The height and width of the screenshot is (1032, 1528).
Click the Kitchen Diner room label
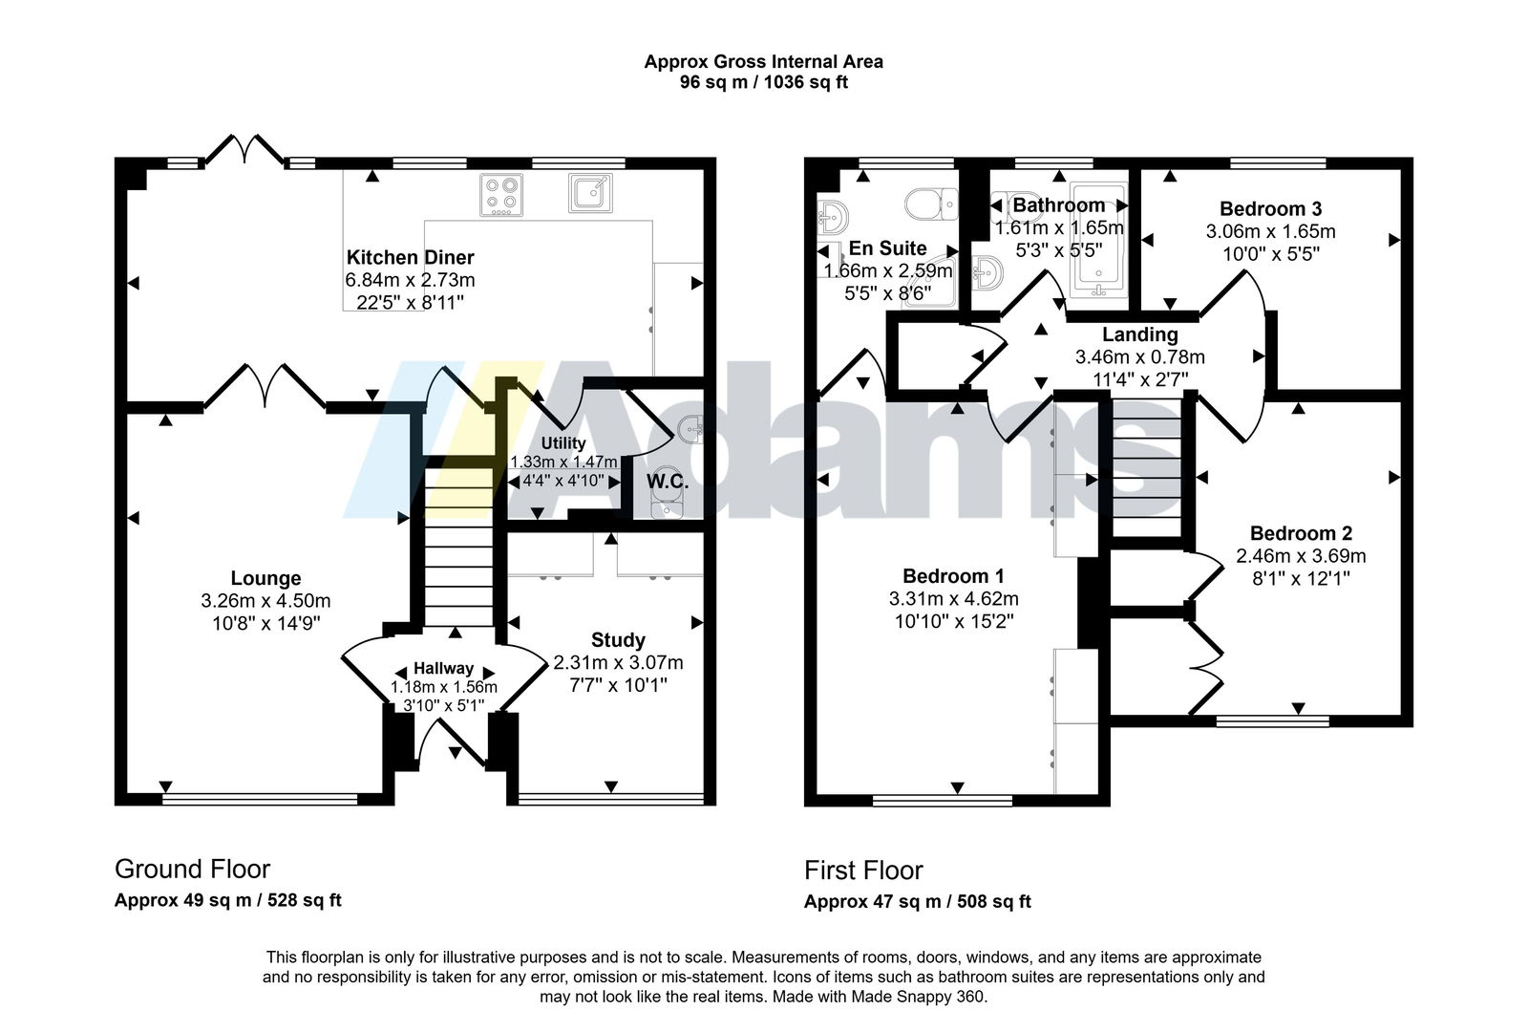click(x=410, y=257)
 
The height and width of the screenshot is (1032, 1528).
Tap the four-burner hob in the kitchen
click(x=501, y=194)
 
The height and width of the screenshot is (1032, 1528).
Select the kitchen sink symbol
click(x=590, y=192)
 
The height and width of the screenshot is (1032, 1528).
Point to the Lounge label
click(x=265, y=578)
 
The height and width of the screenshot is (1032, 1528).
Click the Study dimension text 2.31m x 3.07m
click(x=618, y=662)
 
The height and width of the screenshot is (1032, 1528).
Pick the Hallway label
click(x=443, y=669)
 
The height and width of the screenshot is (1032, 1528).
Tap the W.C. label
click(x=668, y=482)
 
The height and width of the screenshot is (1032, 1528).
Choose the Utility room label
click(x=563, y=443)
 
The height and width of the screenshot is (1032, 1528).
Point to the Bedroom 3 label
click(x=1270, y=208)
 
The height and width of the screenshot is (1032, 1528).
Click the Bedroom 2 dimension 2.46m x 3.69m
click(x=1301, y=555)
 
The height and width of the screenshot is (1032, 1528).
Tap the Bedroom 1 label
click(x=953, y=575)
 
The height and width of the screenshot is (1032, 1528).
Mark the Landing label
click(x=1139, y=334)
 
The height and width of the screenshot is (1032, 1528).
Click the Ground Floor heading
click(x=192, y=869)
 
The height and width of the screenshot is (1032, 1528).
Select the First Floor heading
click(x=863, y=871)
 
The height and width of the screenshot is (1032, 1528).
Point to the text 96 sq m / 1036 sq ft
click(x=763, y=82)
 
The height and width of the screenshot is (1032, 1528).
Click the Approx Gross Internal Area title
click(x=763, y=62)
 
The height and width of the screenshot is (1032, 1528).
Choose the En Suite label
click(x=888, y=247)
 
